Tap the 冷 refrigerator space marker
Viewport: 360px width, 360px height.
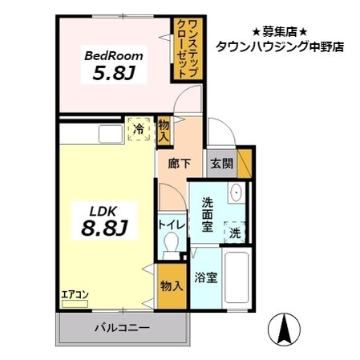(x=140, y=127)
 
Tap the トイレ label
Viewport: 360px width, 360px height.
(x=172, y=225)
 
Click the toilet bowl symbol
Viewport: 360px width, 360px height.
(x=169, y=249)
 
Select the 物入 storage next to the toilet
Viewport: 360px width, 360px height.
(x=172, y=286)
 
